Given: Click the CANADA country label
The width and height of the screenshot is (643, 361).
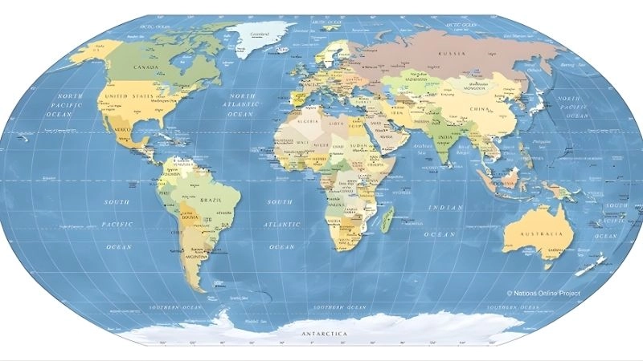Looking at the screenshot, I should [145, 67].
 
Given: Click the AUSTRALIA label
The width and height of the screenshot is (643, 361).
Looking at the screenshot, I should [539, 233].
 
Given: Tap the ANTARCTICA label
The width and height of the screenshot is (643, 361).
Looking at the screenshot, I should [324, 332].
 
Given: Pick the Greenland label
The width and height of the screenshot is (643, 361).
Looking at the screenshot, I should [259, 34].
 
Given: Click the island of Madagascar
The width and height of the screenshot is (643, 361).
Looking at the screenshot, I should [387, 217].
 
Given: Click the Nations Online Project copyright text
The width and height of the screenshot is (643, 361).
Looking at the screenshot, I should [543, 294].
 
